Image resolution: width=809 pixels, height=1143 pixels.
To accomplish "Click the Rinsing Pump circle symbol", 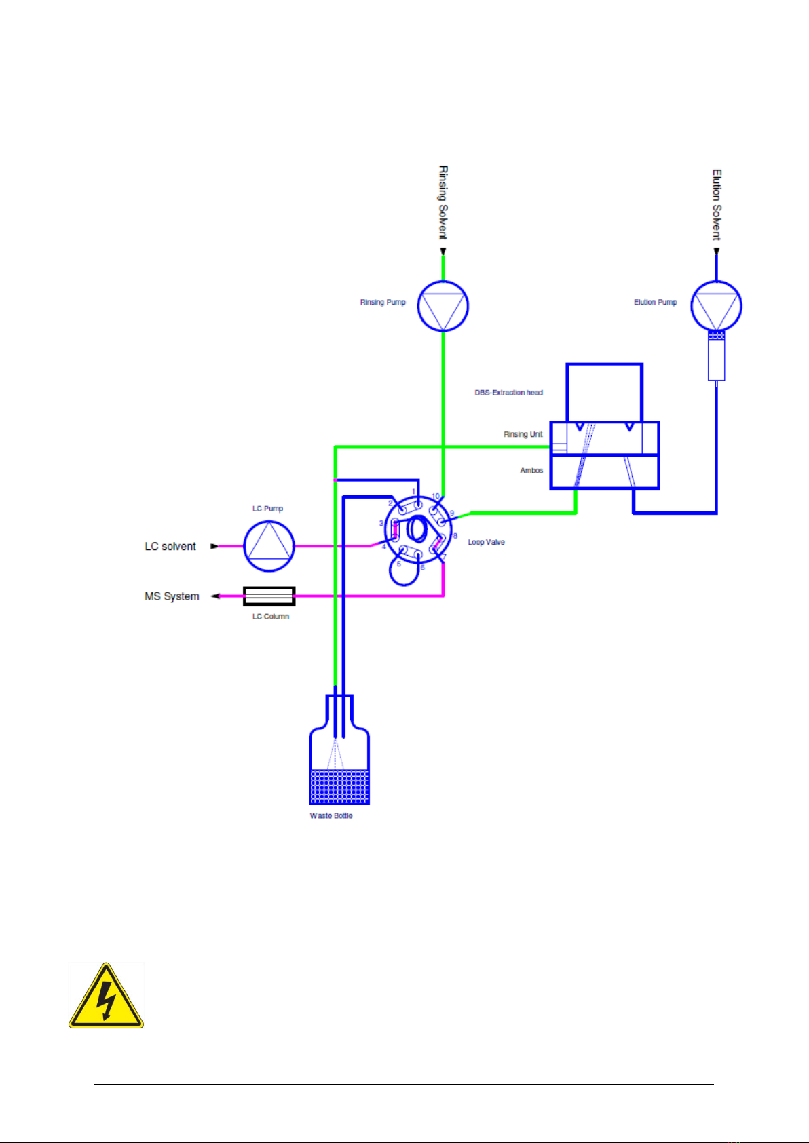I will [443, 306].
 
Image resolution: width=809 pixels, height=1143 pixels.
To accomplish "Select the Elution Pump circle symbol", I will [716, 306].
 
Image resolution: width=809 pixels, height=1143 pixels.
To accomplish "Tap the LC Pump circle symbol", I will [269, 546].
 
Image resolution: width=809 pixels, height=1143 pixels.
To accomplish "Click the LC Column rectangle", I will [269, 596].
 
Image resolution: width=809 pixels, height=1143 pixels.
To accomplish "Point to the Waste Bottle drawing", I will [339, 760].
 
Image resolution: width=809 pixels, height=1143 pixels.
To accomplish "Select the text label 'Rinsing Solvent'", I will [443, 202].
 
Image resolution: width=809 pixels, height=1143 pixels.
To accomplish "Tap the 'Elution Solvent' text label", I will [717, 204].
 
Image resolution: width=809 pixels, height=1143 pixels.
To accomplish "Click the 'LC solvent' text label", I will [170, 547].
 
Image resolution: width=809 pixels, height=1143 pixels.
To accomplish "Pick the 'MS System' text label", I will [172, 596].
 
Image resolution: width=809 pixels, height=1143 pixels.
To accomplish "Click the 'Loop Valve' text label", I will [486, 543].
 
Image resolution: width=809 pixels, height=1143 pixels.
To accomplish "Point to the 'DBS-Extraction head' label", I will [508, 393].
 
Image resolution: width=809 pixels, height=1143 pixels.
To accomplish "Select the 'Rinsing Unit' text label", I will [523, 435].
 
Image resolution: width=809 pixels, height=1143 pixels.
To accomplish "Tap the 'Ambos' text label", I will [531, 471].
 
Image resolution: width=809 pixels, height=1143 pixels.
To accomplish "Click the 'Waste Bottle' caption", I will [331, 816].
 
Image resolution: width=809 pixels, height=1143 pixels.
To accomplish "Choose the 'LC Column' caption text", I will [271, 617].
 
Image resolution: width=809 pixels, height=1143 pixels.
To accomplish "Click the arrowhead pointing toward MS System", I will [215, 596].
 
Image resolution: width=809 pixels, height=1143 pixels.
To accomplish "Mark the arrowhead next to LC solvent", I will [214, 546].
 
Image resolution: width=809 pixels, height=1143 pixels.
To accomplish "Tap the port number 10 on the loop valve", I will [436, 497].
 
